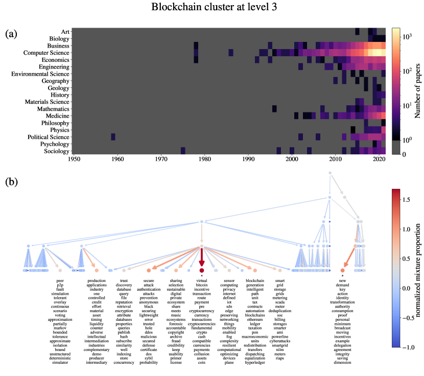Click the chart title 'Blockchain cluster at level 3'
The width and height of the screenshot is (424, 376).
[211, 8]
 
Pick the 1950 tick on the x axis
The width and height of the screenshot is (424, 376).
[75, 160]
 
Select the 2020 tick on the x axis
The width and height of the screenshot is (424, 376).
[379, 160]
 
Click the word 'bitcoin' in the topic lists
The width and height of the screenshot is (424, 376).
[202, 286]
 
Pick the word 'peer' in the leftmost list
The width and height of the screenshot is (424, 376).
[60, 281]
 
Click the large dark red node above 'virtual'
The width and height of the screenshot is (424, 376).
[202, 270]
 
